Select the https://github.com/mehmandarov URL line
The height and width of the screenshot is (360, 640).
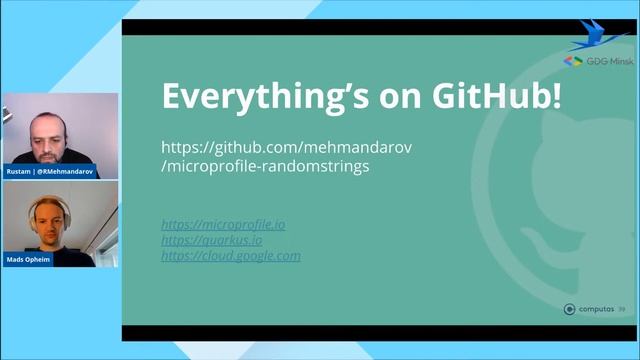point(287,147)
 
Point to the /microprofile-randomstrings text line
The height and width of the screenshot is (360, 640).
point(265,166)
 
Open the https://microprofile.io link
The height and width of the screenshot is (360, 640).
point(223,224)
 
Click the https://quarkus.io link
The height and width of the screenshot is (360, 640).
point(212,240)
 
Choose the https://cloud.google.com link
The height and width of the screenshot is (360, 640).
point(231,256)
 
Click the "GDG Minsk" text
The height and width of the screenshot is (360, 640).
point(608,61)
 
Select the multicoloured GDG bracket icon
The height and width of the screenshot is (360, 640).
point(573,61)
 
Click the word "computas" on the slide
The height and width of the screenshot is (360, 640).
point(597,310)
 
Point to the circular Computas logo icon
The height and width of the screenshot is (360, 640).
point(570,310)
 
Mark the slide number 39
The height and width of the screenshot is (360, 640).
point(622,310)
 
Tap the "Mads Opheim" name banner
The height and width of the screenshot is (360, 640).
point(31,260)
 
